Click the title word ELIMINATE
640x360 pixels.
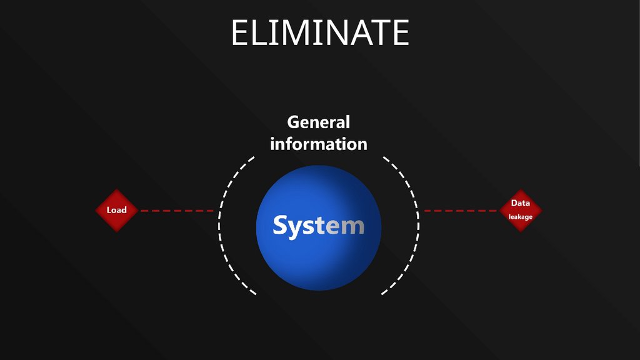(320, 32)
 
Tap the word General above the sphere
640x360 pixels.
(318, 122)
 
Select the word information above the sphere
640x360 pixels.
(318, 144)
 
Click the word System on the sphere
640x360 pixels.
(318, 226)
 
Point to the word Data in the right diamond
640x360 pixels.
(520, 203)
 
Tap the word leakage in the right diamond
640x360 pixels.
(520, 217)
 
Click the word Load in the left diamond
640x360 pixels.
(116, 210)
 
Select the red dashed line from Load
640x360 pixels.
(177, 211)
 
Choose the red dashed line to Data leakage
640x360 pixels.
(461, 211)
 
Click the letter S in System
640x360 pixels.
(281, 226)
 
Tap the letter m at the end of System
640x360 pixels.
(353, 226)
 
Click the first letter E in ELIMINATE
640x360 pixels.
(240, 32)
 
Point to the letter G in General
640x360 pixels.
(294, 122)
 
